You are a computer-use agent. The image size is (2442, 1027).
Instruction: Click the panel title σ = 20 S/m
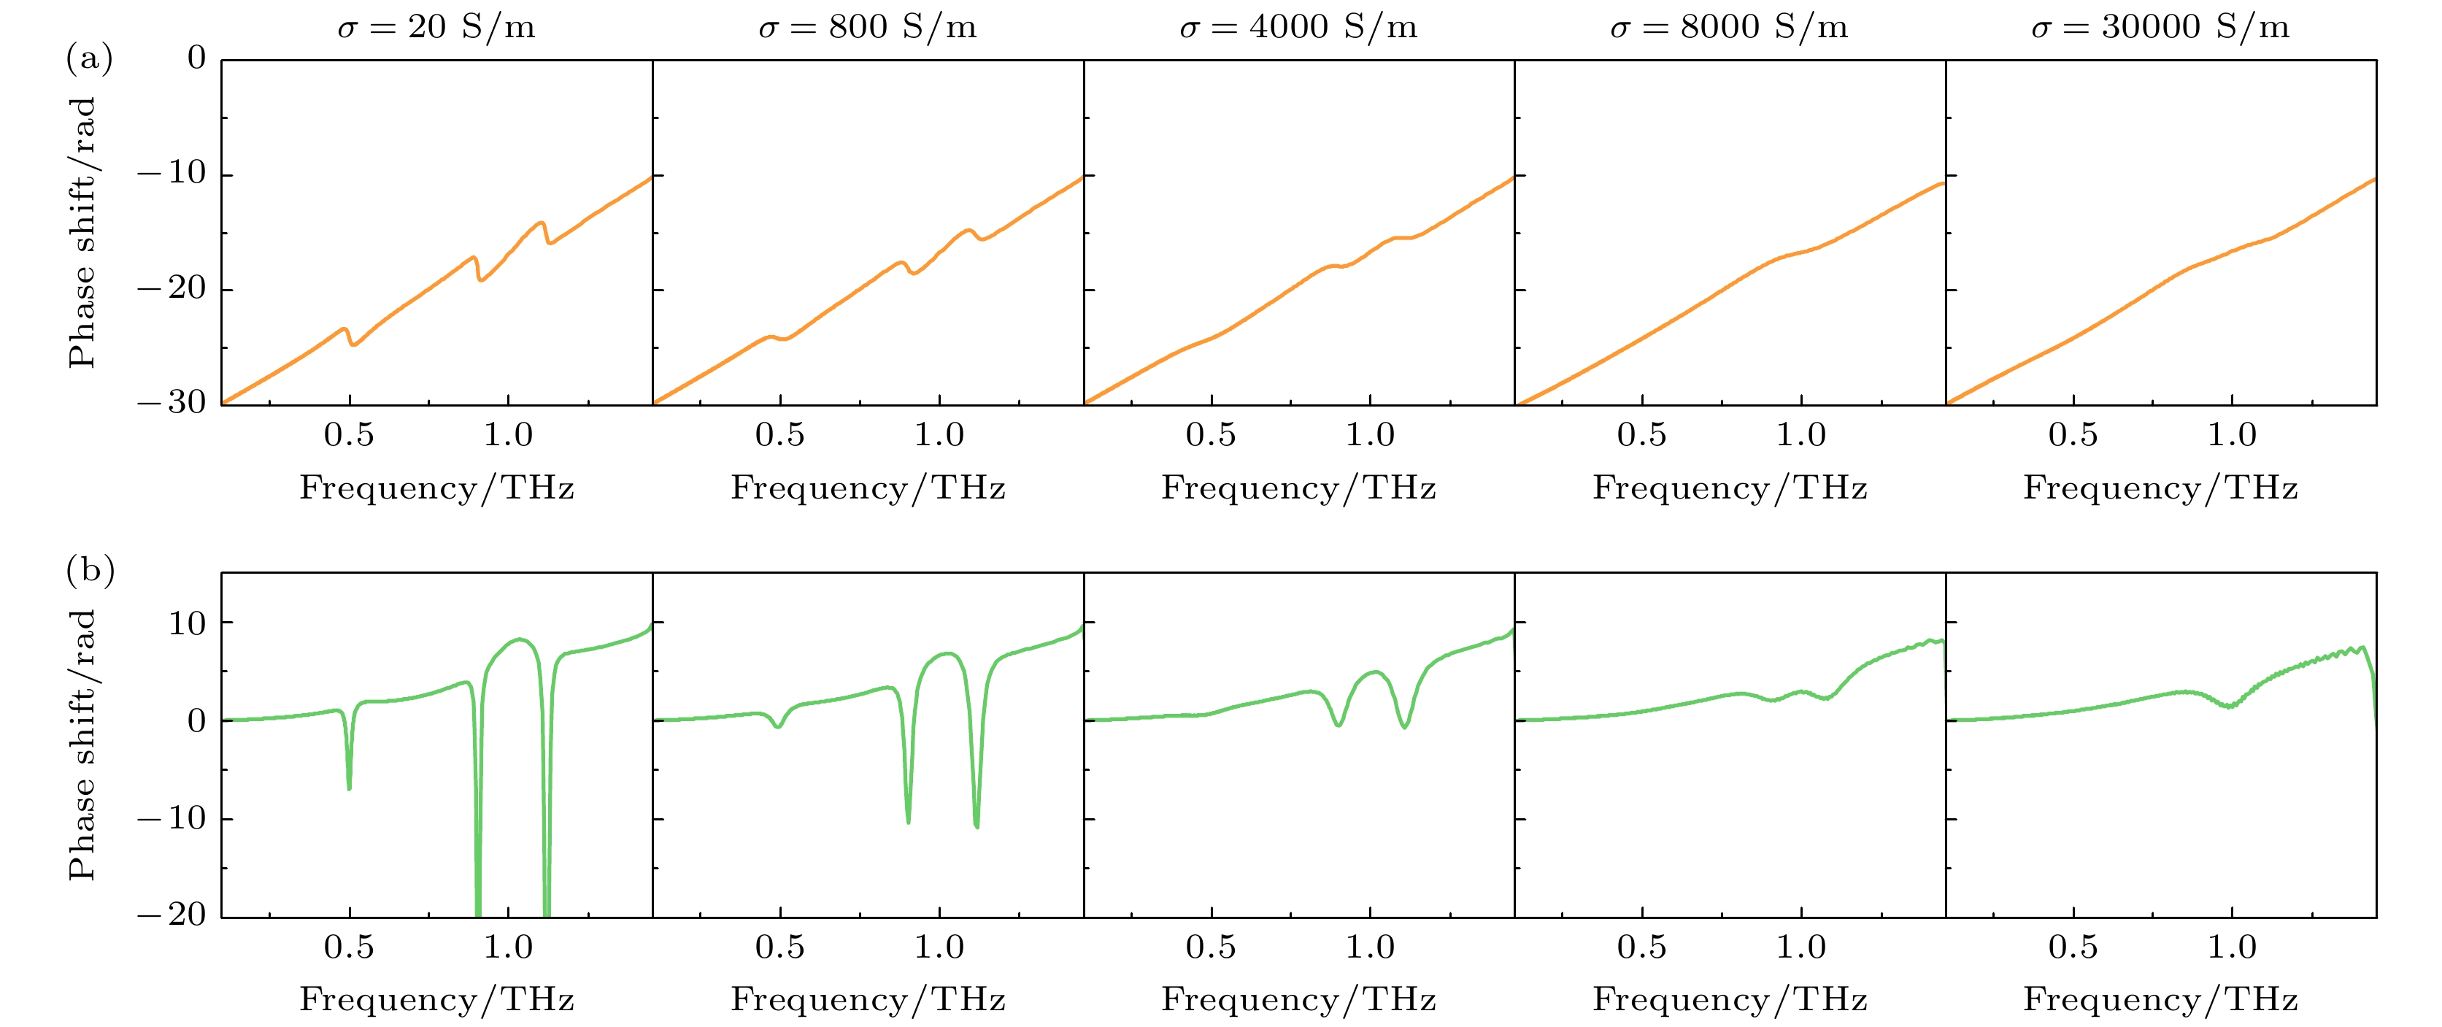(436, 26)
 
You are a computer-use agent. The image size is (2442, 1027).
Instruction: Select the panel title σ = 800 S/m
(868, 26)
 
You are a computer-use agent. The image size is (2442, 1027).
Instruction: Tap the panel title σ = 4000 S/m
(1299, 26)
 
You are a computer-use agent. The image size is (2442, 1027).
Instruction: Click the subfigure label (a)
(89, 59)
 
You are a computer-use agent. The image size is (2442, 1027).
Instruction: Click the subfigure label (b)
(90, 571)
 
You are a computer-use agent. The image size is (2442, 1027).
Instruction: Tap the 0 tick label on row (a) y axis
(196, 58)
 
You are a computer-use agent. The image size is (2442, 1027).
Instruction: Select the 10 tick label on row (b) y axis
(187, 623)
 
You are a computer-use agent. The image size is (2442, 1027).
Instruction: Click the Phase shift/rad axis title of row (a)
(82, 232)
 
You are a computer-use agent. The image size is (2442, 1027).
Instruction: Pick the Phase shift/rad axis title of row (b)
(82, 745)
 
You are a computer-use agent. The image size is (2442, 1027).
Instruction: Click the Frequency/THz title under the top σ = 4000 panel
(1299, 488)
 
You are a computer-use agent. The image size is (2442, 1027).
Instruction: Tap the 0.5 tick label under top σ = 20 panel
(349, 434)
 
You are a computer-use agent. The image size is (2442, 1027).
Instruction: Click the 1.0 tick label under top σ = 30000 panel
(2233, 434)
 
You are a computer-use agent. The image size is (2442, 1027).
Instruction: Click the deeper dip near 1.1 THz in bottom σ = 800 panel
(977, 827)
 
